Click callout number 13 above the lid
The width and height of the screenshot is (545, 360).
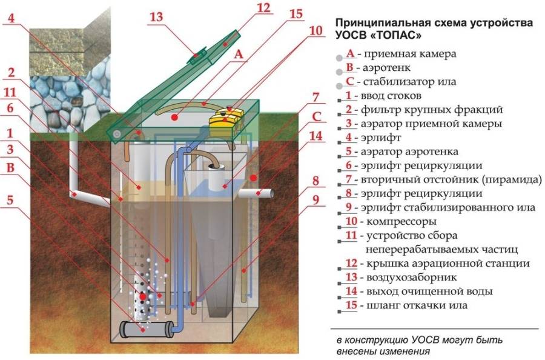coord(157,18)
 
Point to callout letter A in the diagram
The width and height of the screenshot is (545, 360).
coord(239,54)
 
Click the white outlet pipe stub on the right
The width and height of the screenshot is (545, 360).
coord(260,193)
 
